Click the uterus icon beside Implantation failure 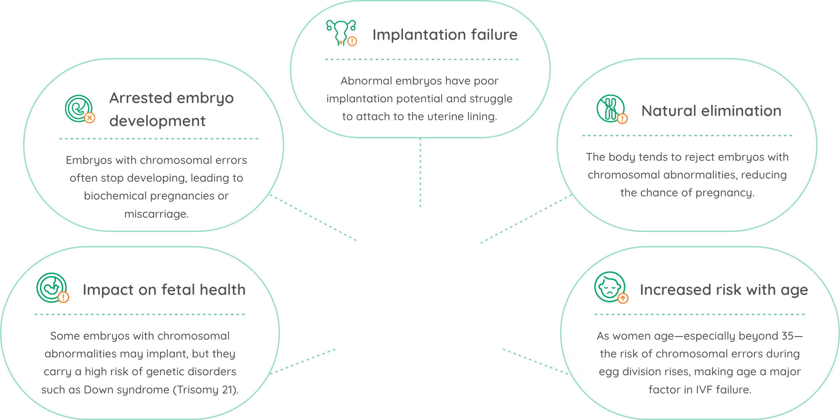tap(341, 33)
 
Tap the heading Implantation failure tap(445, 35)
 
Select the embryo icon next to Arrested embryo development tap(80, 109)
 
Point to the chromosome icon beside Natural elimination tap(612, 109)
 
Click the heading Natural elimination tap(711, 111)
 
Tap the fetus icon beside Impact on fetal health tap(52, 288)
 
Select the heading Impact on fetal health tap(164, 290)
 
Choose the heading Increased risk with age tap(724, 290)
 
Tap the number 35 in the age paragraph tap(787, 336)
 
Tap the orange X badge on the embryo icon tap(90, 118)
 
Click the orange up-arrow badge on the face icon tap(623, 298)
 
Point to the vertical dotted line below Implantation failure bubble tap(420, 173)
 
